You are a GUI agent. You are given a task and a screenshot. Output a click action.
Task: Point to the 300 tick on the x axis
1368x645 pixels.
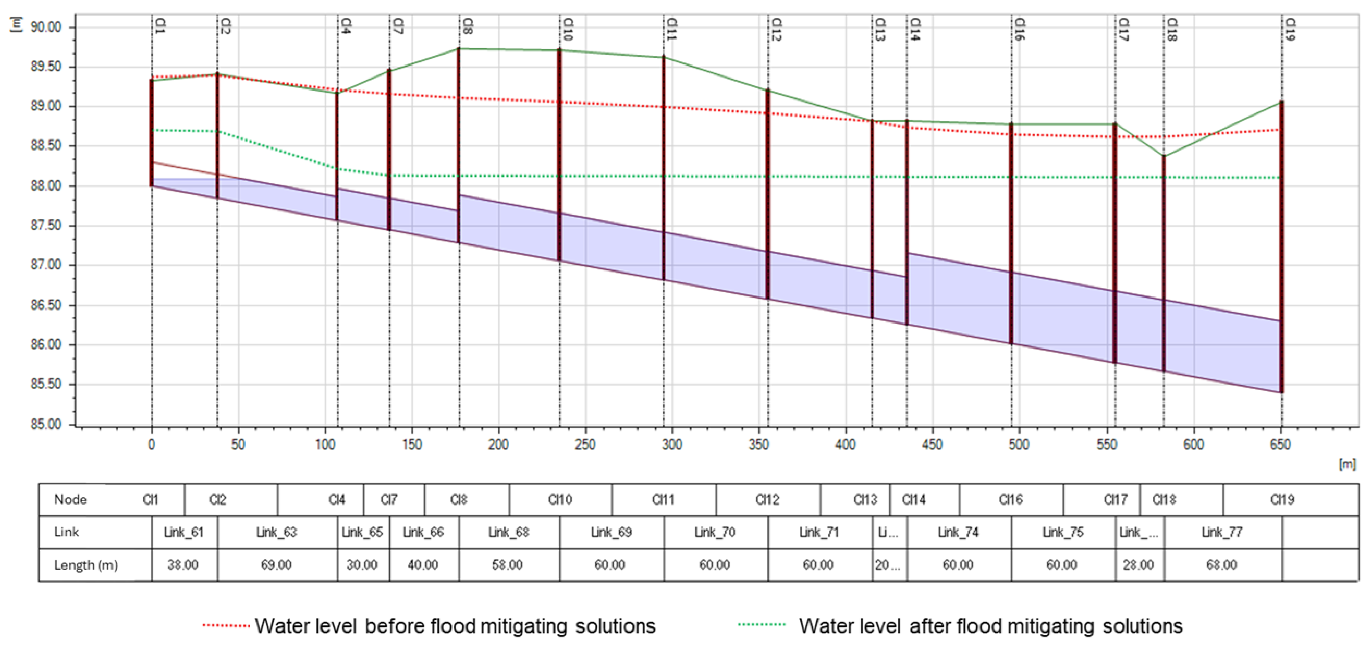coord(672,444)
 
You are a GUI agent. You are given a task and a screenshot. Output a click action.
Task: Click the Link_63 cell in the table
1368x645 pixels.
coord(277,532)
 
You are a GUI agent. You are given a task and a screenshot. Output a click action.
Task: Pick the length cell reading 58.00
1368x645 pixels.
coord(507,564)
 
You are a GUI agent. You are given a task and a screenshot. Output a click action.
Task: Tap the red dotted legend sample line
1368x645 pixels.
coord(226,626)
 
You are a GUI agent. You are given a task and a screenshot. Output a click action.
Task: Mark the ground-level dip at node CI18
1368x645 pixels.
coord(1164,156)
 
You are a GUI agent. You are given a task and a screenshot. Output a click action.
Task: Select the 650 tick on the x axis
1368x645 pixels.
coord(1281,444)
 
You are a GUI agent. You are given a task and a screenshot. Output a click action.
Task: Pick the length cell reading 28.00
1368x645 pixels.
coord(1138,564)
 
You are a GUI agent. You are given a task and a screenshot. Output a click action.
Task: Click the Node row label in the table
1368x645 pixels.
coord(70,499)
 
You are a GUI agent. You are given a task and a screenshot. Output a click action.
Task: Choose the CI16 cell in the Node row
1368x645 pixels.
coord(1011,499)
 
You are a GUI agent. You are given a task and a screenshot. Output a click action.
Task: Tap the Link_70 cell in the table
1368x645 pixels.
coord(715,532)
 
